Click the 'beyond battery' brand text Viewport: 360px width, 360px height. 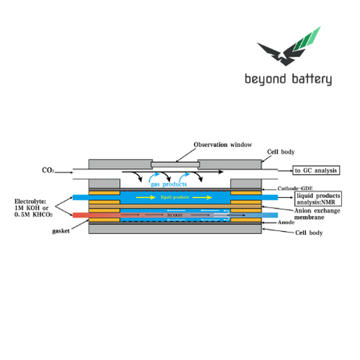[x=288, y=79]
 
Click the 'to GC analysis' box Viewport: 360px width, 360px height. [x=316, y=171]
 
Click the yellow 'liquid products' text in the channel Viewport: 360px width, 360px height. [x=175, y=197]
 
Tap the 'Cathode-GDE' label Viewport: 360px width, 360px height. [x=293, y=187]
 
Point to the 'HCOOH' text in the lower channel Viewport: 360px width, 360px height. [x=174, y=215]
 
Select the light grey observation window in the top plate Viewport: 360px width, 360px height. [x=175, y=163]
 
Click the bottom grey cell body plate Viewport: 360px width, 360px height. [x=175, y=229]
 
